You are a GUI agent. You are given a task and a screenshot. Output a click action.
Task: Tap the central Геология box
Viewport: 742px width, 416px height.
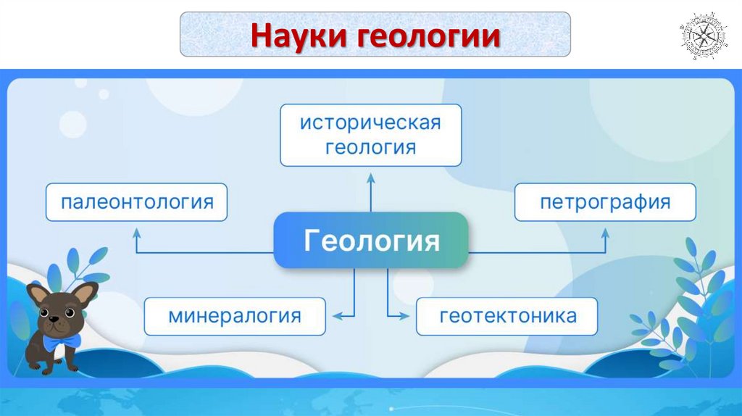click(371, 240)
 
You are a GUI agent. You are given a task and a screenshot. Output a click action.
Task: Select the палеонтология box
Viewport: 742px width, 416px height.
click(137, 201)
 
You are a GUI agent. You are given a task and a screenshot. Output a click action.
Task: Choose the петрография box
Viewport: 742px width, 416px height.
click(605, 201)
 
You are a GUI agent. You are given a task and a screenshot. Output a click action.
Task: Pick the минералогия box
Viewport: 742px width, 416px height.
click(234, 316)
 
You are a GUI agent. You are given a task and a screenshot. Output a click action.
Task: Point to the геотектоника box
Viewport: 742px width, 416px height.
click(507, 316)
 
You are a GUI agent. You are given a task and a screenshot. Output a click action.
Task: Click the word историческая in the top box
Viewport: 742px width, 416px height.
click(370, 122)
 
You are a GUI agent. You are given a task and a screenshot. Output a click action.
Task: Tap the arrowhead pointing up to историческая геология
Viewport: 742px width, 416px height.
click(370, 177)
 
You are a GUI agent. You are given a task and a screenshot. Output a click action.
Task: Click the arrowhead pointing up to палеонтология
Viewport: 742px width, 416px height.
click(136, 233)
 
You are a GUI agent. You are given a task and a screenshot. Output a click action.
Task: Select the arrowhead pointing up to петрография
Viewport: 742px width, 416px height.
click(605, 233)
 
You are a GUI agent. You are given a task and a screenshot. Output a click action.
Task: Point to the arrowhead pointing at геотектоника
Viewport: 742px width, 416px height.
click(404, 316)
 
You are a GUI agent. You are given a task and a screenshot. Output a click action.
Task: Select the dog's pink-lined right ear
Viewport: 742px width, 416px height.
click(84, 293)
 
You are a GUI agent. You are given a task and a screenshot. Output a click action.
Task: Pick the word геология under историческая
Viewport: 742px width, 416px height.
click(370, 147)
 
